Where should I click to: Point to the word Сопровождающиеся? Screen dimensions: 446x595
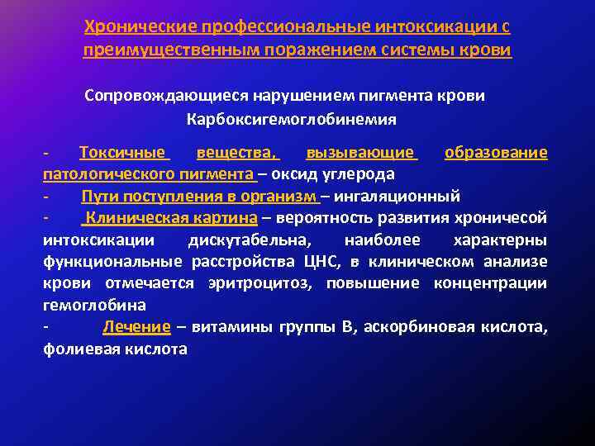click(158, 96)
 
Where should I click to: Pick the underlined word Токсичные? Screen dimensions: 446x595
click(125, 153)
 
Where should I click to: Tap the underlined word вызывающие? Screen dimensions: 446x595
click(361, 153)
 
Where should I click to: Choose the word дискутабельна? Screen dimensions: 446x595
click(262, 240)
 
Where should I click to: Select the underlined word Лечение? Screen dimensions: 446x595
click(136, 327)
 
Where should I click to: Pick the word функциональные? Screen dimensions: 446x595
click(112, 262)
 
